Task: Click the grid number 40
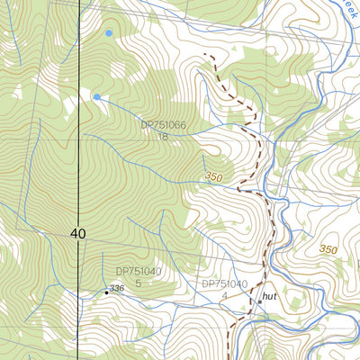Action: pos(77,234)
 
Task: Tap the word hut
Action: pos(269,295)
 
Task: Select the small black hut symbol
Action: pos(259,301)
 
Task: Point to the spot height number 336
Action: pos(116,287)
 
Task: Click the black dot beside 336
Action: pos(105,292)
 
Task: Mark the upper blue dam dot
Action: pos(109,33)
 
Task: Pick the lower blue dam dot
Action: pos(97,96)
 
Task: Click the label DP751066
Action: pos(163,126)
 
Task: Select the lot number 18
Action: pos(163,137)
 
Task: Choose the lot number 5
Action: pos(139,283)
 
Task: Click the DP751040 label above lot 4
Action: pos(224,283)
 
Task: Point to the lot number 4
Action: pos(224,295)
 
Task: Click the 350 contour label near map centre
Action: pos(213,177)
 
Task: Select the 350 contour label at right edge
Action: pos(328,249)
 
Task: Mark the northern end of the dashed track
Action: pos(208,56)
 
